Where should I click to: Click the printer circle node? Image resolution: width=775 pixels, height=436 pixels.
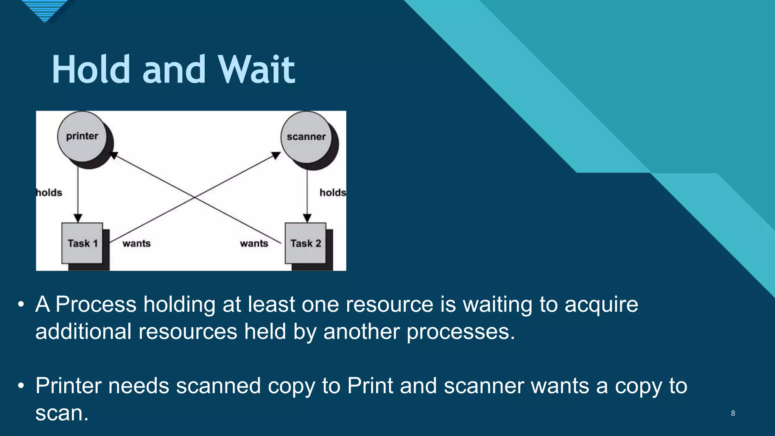(x=82, y=137)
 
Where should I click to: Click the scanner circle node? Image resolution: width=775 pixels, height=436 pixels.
(x=306, y=137)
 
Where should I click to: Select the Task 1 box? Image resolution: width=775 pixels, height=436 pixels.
(x=82, y=243)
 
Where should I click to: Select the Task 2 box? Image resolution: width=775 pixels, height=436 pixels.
(x=305, y=243)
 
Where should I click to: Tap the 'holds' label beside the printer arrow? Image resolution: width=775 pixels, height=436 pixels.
(x=49, y=193)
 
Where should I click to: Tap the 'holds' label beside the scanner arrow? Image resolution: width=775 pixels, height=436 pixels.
(x=332, y=193)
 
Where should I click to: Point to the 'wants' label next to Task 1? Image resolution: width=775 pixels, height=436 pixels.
(x=137, y=243)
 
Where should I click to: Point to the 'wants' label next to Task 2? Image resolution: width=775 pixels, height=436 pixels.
(x=254, y=243)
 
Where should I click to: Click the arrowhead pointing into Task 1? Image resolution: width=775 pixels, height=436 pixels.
(x=78, y=218)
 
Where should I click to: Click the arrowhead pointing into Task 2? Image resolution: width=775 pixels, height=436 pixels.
(x=307, y=218)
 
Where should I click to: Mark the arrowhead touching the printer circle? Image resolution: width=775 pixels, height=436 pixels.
(x=113, y=155)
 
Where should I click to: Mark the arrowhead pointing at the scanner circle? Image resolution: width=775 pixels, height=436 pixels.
(x=276, y=155)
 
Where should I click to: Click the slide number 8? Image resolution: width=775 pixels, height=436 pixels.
(x=733, y=413)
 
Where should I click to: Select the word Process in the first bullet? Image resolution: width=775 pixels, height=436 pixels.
(x=96, y=304)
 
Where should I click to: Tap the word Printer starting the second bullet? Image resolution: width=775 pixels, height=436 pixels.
(x=68, y=386)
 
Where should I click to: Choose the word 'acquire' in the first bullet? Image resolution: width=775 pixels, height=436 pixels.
(x=601, y=305)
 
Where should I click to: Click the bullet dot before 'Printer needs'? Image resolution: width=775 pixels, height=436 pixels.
(x=21, y=386)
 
